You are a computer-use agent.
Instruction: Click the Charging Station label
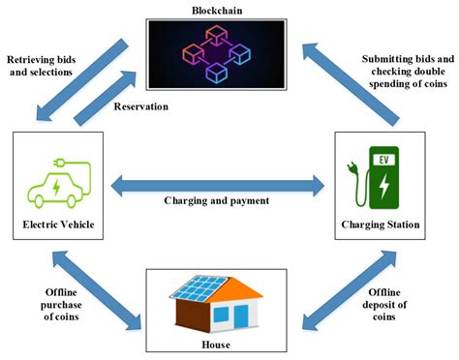tap(382, 225)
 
